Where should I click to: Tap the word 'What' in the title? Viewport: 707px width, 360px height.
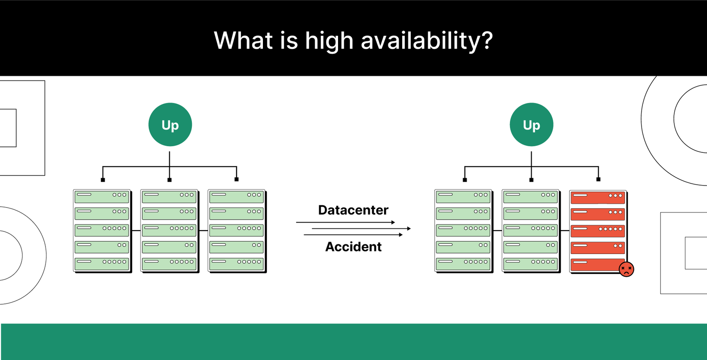243,40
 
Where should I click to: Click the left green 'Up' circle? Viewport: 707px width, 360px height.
170,125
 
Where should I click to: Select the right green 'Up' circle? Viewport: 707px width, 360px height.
532,125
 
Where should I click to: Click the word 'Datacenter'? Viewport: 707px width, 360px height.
353,210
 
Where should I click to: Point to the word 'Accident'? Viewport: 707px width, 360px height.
353,247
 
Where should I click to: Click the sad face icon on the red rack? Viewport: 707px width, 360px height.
627,269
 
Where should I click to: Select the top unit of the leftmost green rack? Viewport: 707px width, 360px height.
102,197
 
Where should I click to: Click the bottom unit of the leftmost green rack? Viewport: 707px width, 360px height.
102,264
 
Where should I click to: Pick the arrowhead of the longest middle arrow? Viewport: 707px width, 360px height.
409,228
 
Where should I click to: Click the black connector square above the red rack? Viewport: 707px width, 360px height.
598,179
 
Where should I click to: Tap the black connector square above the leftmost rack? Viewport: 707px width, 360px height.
103,180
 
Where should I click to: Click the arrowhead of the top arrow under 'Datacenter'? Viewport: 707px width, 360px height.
393,223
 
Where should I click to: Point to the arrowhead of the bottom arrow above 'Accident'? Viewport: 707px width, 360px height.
401,235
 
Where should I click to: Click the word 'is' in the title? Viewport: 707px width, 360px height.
289,40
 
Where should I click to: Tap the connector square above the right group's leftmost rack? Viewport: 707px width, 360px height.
464,180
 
